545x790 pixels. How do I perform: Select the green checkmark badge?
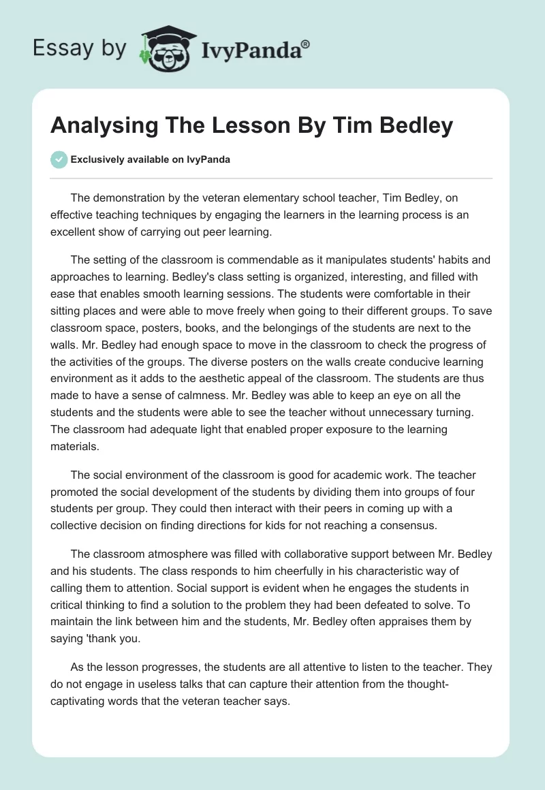pos(59,159)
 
